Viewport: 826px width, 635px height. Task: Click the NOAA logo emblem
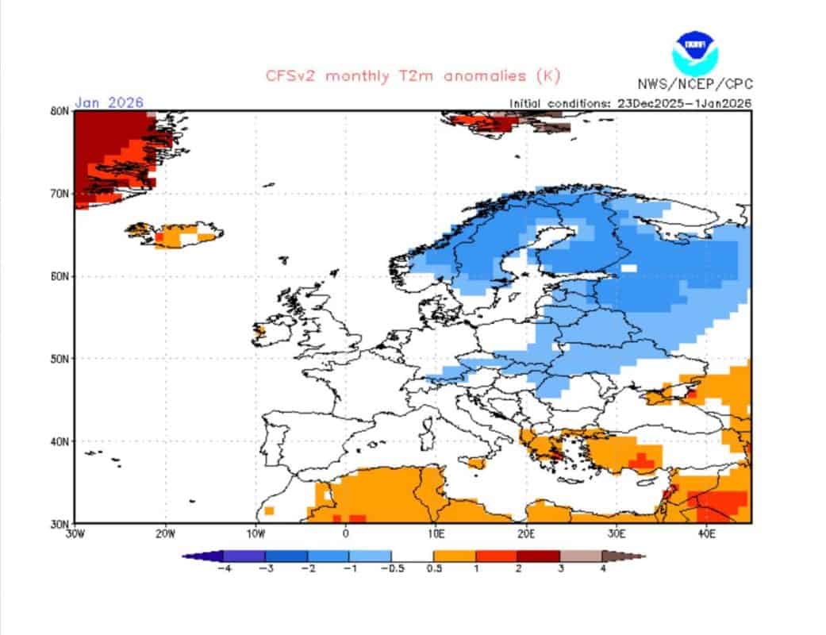coord(695,52)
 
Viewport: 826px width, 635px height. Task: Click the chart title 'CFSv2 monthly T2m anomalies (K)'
coord(413,76)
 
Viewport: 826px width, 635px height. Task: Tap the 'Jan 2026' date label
coord(109,102)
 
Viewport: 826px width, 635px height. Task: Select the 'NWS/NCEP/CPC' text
coord(695,84)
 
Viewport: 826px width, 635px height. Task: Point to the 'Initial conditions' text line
coord(630,104)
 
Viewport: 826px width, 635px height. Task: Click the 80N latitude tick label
coord(60,111)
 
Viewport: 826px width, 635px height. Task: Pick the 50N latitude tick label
coord(60,359)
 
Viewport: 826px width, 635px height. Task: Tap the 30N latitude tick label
coord(60,524)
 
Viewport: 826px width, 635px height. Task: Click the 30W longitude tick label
coord(75,534)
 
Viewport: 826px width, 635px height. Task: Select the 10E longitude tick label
coord(436,534)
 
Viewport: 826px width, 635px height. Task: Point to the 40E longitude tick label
coord(706,534)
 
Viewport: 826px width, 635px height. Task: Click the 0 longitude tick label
coord(346,534)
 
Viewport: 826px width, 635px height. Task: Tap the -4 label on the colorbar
coord(225,568)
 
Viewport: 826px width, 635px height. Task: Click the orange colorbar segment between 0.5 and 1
coord(455,556)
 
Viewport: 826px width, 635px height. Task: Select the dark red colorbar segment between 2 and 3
coord(539,556)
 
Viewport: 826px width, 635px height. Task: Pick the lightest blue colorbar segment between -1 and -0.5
coord(371,556)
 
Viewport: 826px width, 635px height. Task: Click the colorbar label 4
coord(603,568)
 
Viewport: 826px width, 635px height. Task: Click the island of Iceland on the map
coord(175,234)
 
